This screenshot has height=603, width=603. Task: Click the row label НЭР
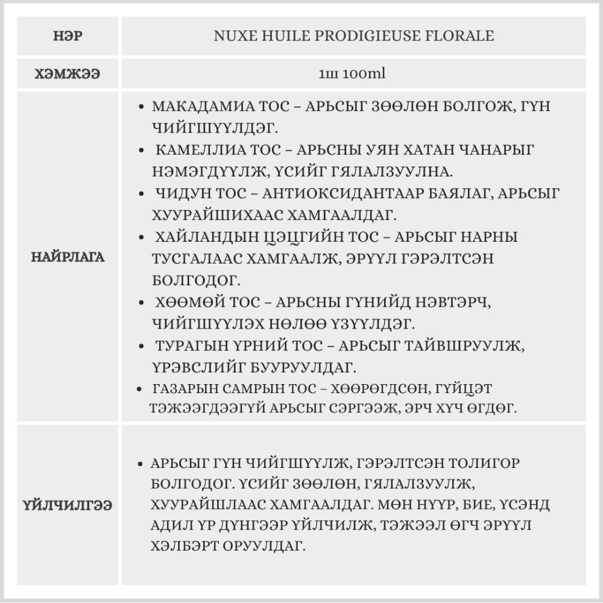[x=68, y=36]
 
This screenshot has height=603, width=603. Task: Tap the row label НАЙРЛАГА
[x=68, y=257]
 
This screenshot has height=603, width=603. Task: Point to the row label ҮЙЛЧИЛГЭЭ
[x=68, y=505]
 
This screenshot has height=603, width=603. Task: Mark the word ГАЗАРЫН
[x=178, y=388]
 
